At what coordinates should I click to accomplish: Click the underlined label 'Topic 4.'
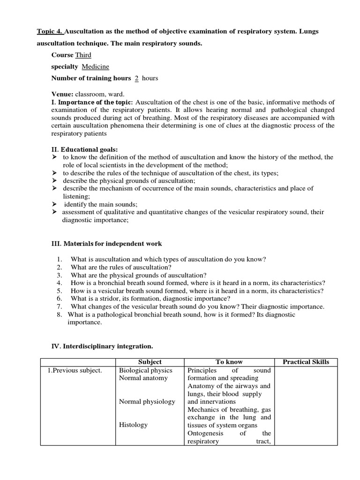[x=50, y=31]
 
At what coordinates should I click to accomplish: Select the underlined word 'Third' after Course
[x=83, y=55]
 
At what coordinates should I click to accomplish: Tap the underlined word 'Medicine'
[x=96, y=67]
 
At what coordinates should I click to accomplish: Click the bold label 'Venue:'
[x=62, y=94]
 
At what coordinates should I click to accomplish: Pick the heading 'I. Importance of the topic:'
[x=92, y=102]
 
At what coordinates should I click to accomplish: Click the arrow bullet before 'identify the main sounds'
[x=54, y=204]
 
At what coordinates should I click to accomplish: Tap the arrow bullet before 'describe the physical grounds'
[x=54, y=180]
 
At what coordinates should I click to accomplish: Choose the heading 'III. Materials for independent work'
[x=106, y=243]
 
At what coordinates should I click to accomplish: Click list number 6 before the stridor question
[x=59, y=299]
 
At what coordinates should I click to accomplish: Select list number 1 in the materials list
[x=59, y=259]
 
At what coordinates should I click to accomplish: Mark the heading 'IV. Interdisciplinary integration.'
[x=102, y=346]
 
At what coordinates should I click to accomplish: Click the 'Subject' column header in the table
[x=150, y=362]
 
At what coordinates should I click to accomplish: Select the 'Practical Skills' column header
[x=306, y=362]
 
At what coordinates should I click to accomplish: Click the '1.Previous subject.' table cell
[x=75, y=370]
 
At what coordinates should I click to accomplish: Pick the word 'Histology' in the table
[x=133, y=425]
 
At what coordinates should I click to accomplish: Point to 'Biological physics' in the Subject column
[x=146, y=370]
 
